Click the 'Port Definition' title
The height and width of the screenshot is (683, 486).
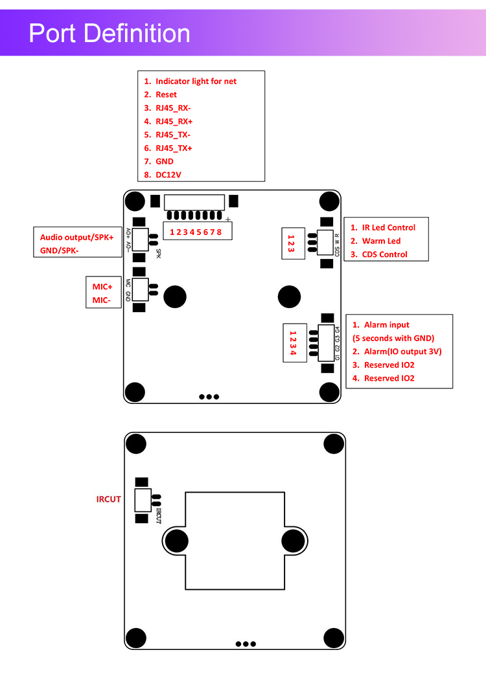(110, 33)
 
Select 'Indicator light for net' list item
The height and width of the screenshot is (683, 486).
(196, 82)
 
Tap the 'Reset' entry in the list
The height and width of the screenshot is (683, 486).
(166, 95)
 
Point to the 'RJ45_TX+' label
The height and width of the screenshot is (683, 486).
(174, 148)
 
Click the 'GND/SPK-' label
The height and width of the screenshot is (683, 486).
(60, 250)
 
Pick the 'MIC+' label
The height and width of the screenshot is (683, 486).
(102, 286)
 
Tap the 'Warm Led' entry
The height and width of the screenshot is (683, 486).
(381, 241)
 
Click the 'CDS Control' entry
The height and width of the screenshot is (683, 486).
(384, 254)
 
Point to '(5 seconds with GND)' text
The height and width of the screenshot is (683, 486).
(393, 339)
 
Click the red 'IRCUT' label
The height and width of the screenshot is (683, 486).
(108, 499)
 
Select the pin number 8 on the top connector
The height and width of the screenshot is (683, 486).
(220, 232)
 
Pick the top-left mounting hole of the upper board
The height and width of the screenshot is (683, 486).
(134, 201)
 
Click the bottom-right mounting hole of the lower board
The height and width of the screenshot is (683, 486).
(333, 638)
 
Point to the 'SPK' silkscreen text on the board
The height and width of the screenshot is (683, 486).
(159, 252)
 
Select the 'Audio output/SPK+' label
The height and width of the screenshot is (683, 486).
(76, 238)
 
